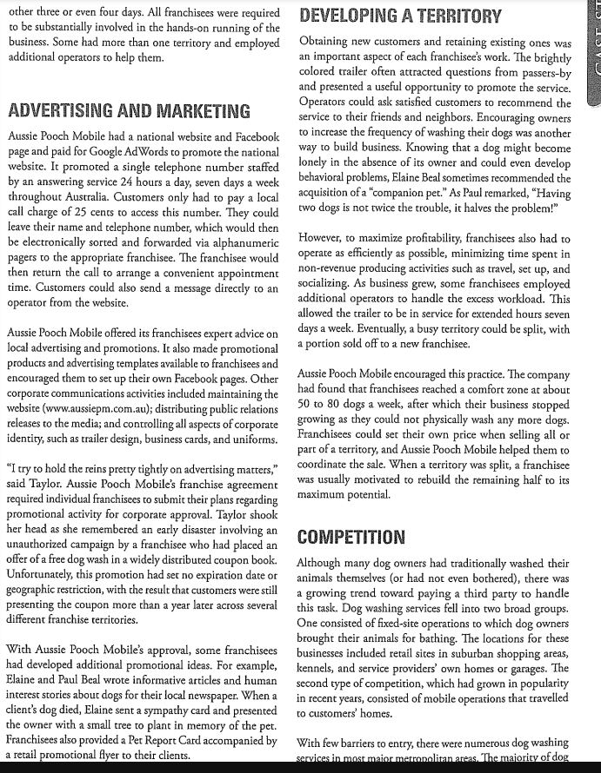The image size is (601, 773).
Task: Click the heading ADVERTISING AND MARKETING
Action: (x=128, y=111)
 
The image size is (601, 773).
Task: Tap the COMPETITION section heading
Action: (x=351, y=537)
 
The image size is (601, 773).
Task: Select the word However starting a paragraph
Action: (x=323, y=238)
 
